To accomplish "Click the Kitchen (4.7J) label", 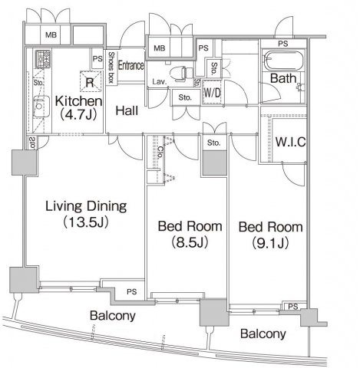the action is click(x=79, y=108).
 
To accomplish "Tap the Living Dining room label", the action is click(x=86, y=214).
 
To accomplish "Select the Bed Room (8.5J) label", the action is click(x=190, y=234).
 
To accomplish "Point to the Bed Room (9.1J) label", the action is click(x=270, y=235).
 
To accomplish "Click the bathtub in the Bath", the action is click(x=283, y=61).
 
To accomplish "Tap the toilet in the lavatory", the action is click(x=181, y=73).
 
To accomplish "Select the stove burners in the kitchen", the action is click(x=43, y=59).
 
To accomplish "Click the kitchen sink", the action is click(x=41, y=106).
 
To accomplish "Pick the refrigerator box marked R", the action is click(x=90, y=81).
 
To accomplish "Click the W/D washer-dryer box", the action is click(x=212, y=92).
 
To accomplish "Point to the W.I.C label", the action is click(x=290, y=142).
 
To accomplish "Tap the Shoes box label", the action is click(x=111, y=67).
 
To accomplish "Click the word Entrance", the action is click(x=130, y=65).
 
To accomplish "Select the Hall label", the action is click(x=127, y=111).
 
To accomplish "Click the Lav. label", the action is click(x=160, y=82).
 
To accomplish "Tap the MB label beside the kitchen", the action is click(x=51, y=34).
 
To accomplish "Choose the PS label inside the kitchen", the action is click(x=97, y=59).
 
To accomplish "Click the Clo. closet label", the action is click(x=160, y=153).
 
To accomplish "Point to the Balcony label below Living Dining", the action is click(x=113, y=316).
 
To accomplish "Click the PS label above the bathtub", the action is click(x=283, y=44).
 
